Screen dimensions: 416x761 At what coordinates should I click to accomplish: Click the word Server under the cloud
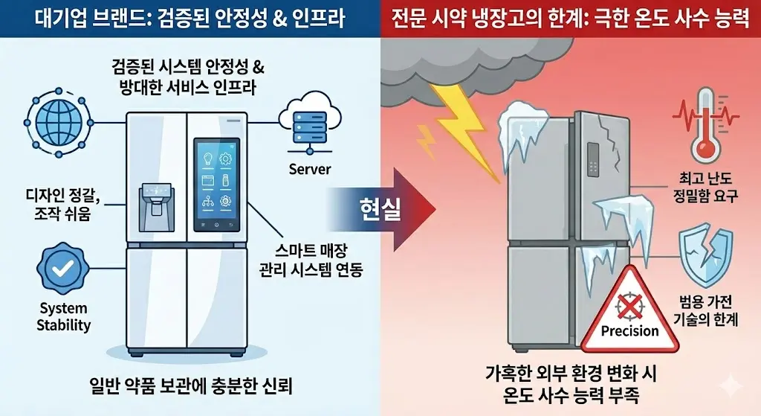pyautogui.click(x=310, y=170)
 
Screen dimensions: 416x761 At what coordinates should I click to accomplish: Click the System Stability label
pyautogui.click(x=64, y=316)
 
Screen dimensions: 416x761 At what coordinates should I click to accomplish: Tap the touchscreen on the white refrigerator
pyautogui.click(x=217, y=184)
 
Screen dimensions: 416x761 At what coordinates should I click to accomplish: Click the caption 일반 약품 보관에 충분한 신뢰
pyautogui.click(x=188, y=385)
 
